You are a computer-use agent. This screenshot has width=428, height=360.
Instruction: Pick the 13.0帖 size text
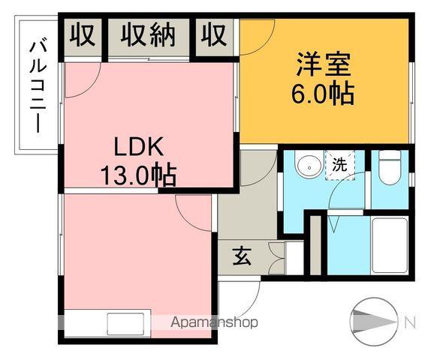138,175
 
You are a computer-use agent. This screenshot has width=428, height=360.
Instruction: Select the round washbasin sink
306,166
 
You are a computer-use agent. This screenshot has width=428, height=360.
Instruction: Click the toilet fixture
390,169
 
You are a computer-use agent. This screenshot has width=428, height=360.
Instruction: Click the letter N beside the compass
409,322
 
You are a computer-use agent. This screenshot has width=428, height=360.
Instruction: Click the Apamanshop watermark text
214,322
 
